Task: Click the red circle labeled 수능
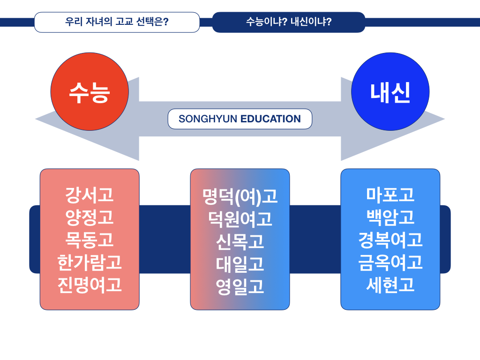coord(89,92)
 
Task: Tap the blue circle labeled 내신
coord(390,92)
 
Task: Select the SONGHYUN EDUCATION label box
coord(240,119)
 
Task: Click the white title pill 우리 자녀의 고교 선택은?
coord(117,22)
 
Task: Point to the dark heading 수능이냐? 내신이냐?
coord(288,22)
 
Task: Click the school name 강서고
coord(90,195)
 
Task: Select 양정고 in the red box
coord(90,217)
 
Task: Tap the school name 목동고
coord(90,240)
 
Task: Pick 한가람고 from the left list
coord(90,262)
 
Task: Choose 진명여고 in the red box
coord(90,285)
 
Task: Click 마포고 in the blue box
coord(390,195)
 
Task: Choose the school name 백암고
coord(390,217)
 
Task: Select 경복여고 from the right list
coord(390,240)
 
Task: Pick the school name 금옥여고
coord(390,262)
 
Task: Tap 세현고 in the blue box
coord(390,285)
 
